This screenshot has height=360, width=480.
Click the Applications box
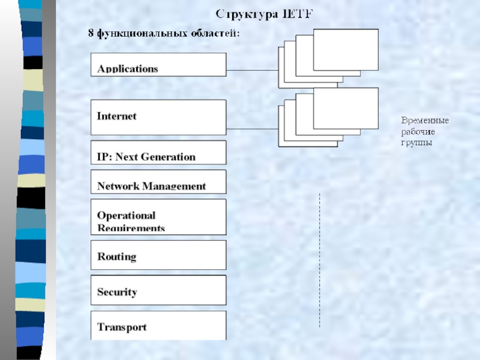(x=158, y=64)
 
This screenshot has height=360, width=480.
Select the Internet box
(x=158, y=116)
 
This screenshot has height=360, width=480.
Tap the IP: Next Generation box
(x=158, y=152)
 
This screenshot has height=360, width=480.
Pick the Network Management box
(x=158, y=181)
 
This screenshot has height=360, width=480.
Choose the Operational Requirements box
(x=158, y=217)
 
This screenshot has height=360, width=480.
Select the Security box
(x=158, y=290)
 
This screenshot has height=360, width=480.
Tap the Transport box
(x=158, y=325)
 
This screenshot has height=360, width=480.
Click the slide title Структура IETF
(x=264, y=13)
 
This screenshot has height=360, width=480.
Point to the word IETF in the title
(x=297, y=13)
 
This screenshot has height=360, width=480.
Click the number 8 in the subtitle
(x=91, y=34)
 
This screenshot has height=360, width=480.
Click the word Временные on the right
(x=425, y=121)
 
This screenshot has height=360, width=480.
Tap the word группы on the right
(x=416, y=143)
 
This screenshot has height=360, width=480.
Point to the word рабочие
(x=418, y=132)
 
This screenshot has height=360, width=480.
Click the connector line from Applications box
(x=252, y=70)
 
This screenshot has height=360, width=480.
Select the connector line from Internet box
(x=252, y=128)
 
